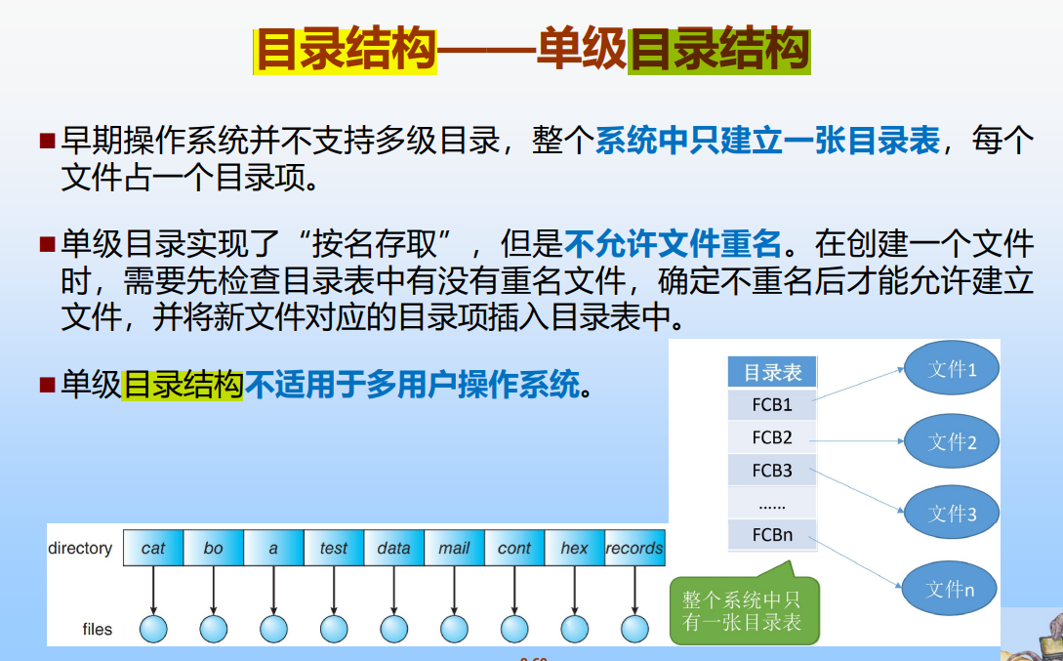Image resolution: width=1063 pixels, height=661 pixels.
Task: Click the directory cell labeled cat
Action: (x=153, y=548)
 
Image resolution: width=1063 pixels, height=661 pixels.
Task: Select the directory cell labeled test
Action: (x=334, y=548)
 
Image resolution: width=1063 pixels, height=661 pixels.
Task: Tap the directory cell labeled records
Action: (x=634, y=548)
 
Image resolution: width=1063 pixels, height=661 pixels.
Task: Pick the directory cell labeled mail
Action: (x=454, y=548)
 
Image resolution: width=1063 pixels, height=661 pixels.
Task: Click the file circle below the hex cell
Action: (x=574, y=629)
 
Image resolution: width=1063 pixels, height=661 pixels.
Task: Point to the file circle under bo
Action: (x=214, y=629)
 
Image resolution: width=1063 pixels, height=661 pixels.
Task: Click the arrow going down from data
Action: (x=394, y=590)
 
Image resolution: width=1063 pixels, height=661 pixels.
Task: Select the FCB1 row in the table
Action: (x=772, y=405)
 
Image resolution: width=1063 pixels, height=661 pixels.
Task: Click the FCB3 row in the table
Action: (x=772, y=471)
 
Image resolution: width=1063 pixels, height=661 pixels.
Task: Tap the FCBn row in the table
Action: (x=772, y=535)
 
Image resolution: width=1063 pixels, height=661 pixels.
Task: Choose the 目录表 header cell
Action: (x=772, y=372)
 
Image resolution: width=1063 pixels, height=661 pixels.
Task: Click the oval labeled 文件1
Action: (x=952, y=368)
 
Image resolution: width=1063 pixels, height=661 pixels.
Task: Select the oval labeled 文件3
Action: (x=952, y=513)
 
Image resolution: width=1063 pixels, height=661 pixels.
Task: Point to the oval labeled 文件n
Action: (x=950, y=589)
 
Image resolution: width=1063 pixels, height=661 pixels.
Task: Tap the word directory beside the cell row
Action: (x=80, y=548)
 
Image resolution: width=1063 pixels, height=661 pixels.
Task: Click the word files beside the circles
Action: (x=97, y=629)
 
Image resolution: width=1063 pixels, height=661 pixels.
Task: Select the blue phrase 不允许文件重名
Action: (x=673, y=244)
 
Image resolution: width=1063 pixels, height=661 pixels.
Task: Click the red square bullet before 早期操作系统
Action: (x=47, y=141)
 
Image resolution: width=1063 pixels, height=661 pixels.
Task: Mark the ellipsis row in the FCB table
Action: (x=772, y=503)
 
